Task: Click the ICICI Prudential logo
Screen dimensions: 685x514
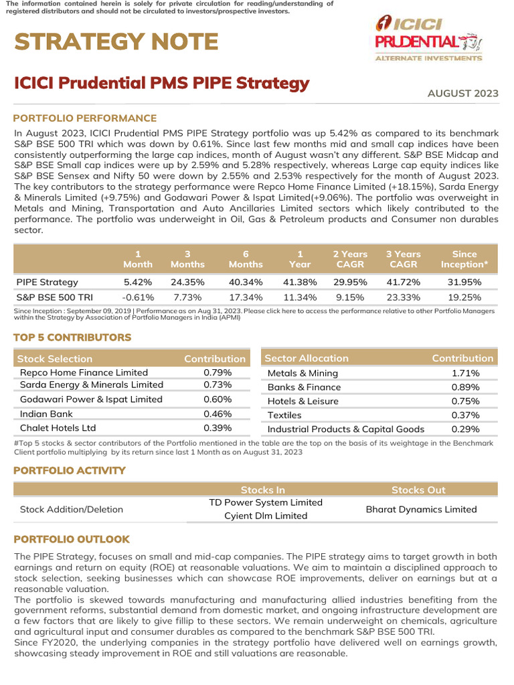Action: (x=428, y=38)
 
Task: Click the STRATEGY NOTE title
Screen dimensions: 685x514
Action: (x=116, y=42)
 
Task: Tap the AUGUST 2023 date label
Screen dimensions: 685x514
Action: (x=462, y=93)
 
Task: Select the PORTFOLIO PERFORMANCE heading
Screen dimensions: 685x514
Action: (x=85, y=118)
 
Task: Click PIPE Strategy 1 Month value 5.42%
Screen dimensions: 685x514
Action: (x=138, y=282)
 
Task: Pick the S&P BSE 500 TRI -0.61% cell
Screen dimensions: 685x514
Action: (x=138, y=296)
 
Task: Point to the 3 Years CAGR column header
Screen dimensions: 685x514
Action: (x=403, y=259)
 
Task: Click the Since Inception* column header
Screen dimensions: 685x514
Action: (x=464, y=259)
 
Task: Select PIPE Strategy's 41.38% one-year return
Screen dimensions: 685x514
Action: (x=300, y=282)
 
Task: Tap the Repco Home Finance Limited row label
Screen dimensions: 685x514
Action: (x=84, y=372)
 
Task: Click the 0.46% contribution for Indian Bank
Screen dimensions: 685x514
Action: (x=218, y=414)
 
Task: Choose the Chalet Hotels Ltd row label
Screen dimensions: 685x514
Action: (x=58, y=428)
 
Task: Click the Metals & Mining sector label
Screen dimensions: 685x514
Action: (x=303, y=373)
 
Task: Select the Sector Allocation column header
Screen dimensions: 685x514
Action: (x=307, y=359)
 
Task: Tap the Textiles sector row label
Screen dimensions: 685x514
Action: (x=284, y=415)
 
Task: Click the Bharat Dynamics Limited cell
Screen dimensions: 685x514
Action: (x=421, y=509)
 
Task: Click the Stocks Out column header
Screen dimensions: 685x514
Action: (x=418, y=490)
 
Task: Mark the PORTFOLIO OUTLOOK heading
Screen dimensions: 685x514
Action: (x=72, y=539)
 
